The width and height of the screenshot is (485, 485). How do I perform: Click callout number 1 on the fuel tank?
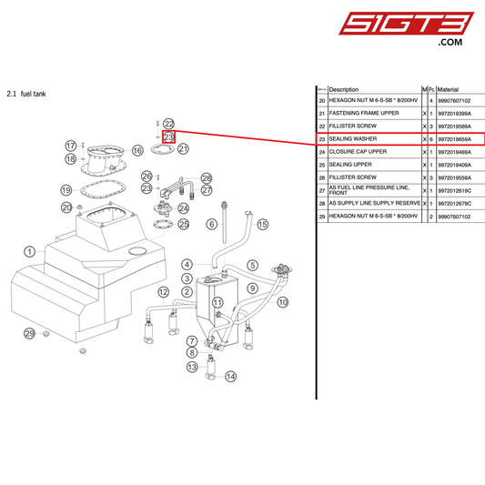point(29,251)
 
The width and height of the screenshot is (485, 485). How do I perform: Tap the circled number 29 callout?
point(29,334)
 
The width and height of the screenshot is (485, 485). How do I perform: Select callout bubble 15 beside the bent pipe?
point(263,224)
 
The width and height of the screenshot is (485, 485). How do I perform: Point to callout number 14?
point(230,376)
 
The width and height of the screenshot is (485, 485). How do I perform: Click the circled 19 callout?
point(66,190)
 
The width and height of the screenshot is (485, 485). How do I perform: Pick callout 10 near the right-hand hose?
point(282,301)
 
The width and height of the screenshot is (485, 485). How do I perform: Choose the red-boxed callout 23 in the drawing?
point(168,136)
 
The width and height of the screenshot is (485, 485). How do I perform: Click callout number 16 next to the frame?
point(137,150)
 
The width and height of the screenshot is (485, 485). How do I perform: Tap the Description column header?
point(343,89)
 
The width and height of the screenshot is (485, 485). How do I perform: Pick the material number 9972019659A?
point(459,138)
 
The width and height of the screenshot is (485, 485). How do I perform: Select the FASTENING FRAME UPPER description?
point(364,113)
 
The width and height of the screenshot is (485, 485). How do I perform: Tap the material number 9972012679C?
point(459,204)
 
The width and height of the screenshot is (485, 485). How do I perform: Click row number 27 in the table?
point(321,189)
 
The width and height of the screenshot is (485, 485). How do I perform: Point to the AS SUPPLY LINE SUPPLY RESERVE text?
point(374,204)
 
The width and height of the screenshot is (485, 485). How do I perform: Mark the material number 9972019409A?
point(459,164)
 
